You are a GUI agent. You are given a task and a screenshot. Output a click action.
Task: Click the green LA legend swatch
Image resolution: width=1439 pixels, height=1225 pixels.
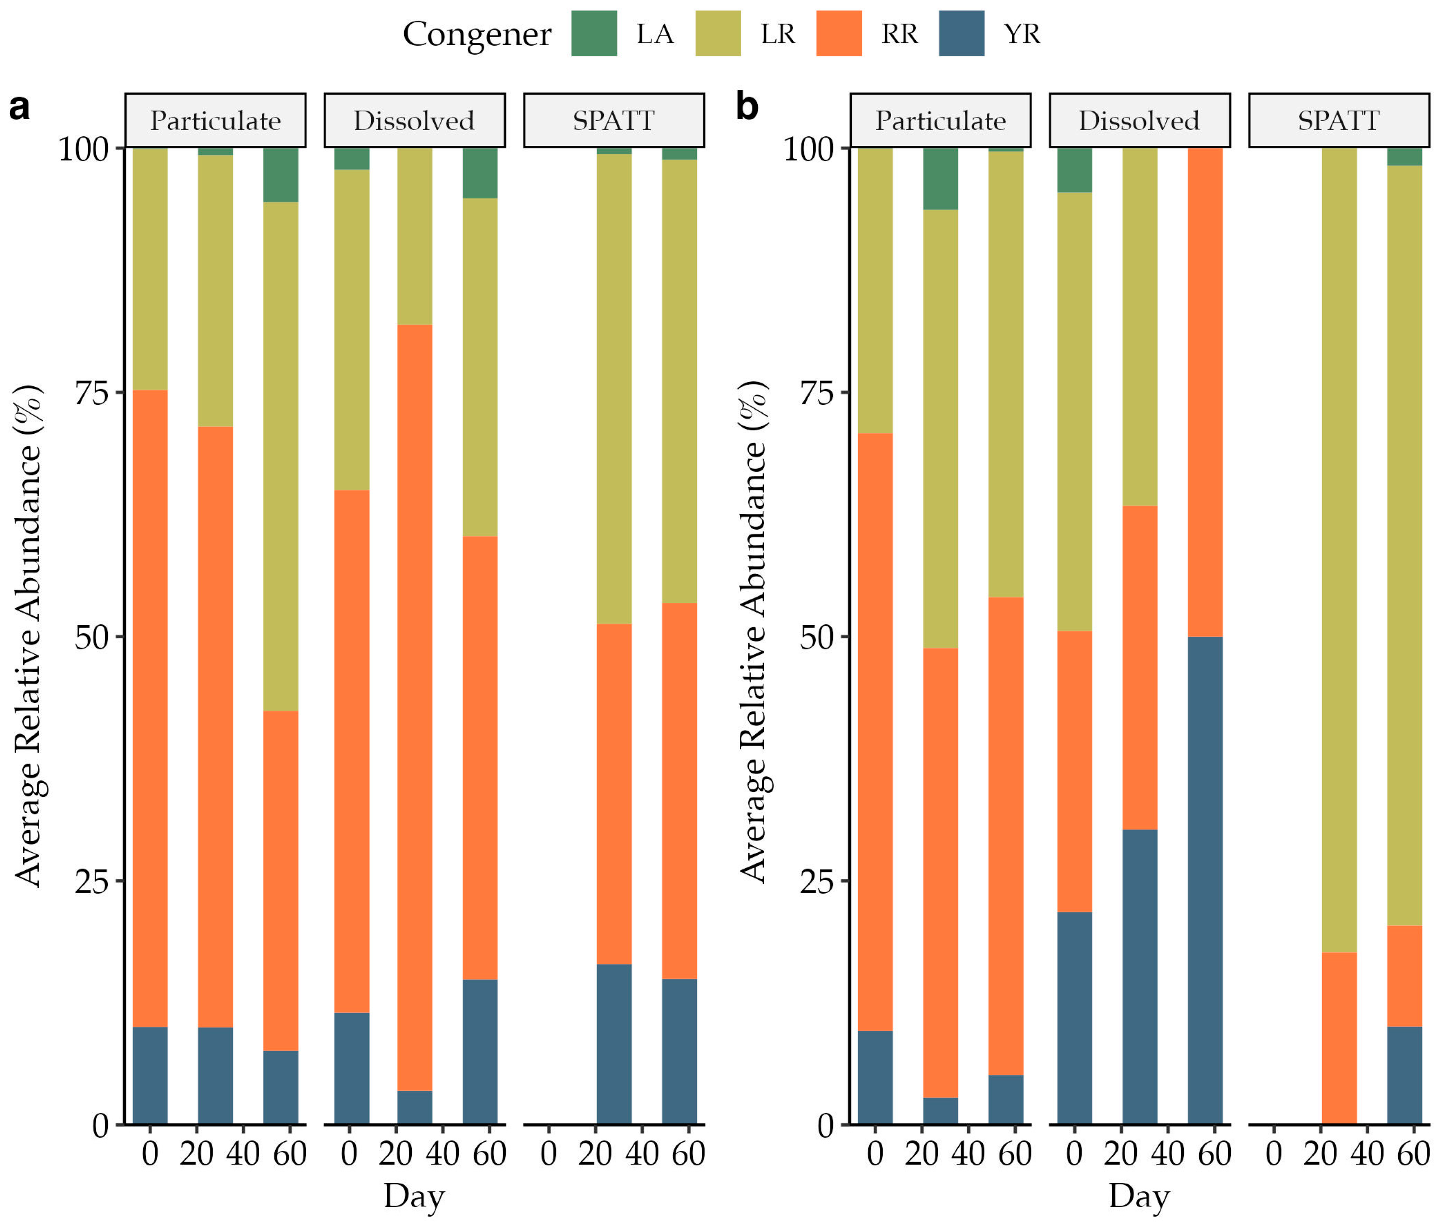(x=594, y=33)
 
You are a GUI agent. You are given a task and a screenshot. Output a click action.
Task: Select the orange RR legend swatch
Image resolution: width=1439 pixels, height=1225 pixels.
(x=839, y=33)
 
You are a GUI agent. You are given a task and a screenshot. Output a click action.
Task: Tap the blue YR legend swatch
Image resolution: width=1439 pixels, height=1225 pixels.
(x=961, y=33)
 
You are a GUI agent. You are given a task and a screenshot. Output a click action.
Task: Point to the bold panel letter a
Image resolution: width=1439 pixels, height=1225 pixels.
(x=19, y=108)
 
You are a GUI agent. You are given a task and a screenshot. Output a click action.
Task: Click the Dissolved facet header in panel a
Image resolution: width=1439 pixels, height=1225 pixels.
(x=414, y=121)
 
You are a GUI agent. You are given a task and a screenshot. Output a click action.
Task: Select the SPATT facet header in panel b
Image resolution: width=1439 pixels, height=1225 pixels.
(x=1338, y=121)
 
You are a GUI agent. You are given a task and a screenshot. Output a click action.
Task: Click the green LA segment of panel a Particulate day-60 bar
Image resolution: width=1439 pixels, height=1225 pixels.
(x=281, y=174)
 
